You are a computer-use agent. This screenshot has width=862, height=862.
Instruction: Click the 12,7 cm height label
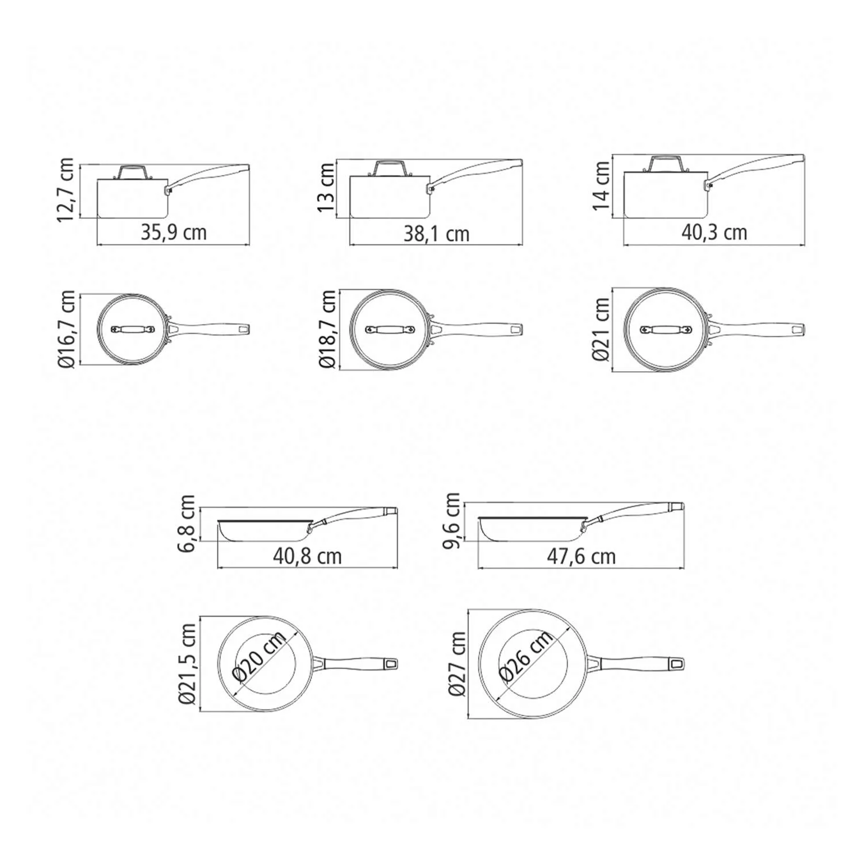(66, 190)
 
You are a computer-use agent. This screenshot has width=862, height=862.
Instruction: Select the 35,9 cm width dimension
(174, 232)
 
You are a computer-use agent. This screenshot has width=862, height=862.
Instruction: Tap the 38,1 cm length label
(436, 233)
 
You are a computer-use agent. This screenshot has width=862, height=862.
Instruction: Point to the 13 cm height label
(326, 187)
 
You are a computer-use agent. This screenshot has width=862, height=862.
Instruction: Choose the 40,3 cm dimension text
(714, 232)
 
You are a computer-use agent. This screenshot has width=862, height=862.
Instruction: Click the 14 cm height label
(602, 186)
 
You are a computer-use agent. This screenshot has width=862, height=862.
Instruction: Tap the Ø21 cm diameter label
(601, 329)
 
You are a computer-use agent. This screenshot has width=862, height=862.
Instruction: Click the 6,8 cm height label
(187, 523)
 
